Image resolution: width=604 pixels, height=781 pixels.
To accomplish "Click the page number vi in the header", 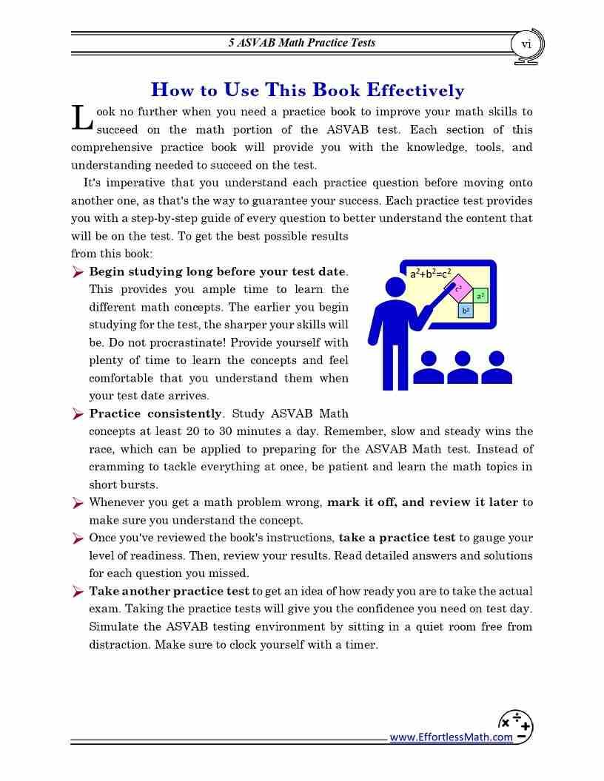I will click(x=526, y=44).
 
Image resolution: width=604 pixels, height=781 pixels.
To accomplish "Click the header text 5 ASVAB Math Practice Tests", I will click(x=301, y=43).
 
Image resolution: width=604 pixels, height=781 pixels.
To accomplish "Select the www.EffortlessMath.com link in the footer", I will click(x=451, y=737).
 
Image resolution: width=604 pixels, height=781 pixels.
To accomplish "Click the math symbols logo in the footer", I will click(x=515, y=726).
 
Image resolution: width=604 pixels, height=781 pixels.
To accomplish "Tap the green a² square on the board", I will click(x=480, y=296).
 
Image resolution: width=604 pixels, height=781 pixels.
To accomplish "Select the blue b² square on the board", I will click(x=466, y=311).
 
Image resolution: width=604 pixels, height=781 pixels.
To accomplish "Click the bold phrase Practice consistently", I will click(x=155, y=413).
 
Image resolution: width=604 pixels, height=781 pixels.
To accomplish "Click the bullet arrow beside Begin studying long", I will click(x=78, y=272).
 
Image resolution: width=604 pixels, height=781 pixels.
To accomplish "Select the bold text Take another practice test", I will click(x=169, y=591).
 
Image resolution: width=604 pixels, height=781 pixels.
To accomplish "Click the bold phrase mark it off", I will click(x=360, y=502).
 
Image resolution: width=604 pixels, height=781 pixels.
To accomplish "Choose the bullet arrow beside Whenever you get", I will click(x=78, y=503).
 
